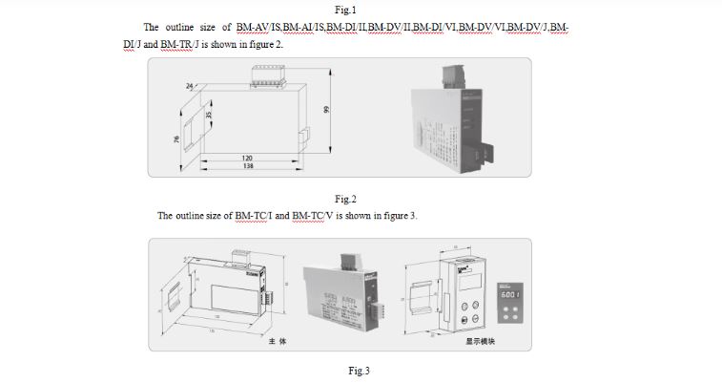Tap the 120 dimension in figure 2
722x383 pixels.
[246, 158]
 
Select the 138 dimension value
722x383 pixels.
[246, 167]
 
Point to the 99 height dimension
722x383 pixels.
[325, 111]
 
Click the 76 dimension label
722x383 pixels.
[175, 140]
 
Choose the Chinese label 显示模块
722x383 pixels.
[482, 340]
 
